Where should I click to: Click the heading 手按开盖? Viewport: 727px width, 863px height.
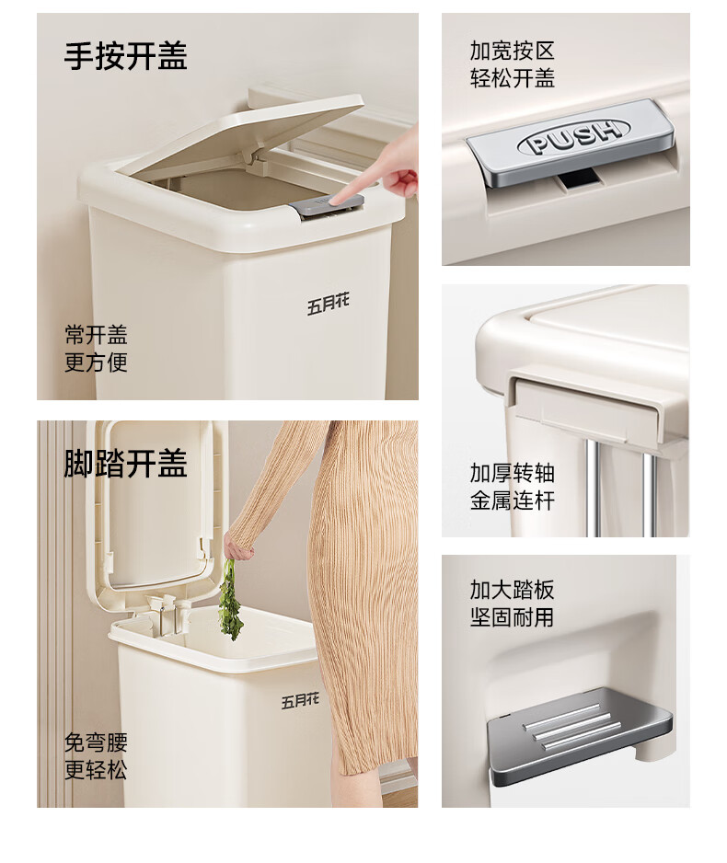[125, 55]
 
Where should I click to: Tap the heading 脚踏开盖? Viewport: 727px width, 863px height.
[125, 464]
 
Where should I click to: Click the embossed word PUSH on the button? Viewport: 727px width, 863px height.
[572, 136]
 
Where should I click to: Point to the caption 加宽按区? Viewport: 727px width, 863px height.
[512, 51]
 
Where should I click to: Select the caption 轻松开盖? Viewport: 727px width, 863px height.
[512, 77]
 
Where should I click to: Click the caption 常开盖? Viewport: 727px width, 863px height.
[96, 335]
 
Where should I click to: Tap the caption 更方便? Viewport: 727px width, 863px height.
[96, 362]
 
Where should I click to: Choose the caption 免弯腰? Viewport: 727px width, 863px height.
[96, 742]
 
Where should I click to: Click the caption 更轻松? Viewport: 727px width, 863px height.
[96, 769]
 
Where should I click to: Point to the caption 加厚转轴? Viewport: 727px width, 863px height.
[512, 473]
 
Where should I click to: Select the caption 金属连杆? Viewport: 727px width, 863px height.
[512, 501]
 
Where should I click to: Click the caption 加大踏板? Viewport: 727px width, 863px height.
[512, 590]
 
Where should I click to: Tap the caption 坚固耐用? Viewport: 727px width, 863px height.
[512, 617]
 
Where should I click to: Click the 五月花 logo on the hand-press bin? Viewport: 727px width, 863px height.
[328, 305]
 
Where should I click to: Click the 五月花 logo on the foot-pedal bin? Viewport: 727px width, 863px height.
[300, 701]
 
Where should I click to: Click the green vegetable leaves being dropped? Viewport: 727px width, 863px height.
[231, 600]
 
